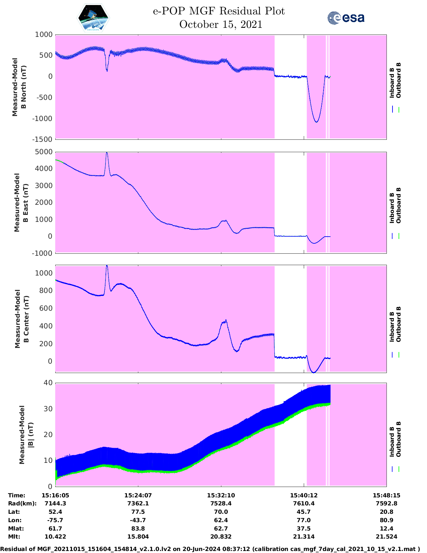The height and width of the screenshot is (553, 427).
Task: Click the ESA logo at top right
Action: [x=346, y=18]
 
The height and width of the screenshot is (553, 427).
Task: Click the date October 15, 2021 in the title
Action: [x=221, y=24]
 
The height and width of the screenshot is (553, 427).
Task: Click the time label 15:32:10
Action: [x=221, y=495]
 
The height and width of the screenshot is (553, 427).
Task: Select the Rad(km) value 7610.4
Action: [x=304, y=503]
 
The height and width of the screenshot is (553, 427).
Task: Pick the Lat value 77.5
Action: [x=138, y=512]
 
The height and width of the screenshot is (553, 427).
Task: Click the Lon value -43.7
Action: [x=138, y=520]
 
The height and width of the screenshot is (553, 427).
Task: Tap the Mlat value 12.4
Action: [x=386, y=529]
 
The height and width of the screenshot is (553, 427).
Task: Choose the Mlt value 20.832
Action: [x=221, y=537]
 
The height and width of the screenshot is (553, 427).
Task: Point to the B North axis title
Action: [x=19, y=87]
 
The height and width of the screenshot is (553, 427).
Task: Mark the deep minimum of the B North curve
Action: [x=316, y=122]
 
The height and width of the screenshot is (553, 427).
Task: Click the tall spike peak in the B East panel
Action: [x=107, y=153]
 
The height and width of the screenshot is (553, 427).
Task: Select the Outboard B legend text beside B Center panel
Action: [x=398, y=324]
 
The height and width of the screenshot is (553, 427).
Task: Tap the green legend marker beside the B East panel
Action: [x=399, y=236]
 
